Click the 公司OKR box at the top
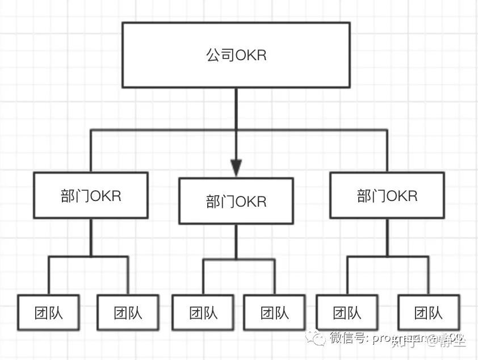[236, 55]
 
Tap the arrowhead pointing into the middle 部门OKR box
[236, 168]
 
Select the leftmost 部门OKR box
[91, 195]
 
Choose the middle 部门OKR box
[236, 201]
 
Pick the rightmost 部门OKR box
[387, 195]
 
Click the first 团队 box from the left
[48, 312]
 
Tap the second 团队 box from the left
[128, 312]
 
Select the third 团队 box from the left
[203, 312]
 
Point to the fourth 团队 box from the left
[275, 312]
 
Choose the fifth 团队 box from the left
[347, 312]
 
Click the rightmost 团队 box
[428, 312]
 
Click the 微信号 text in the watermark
[349, 339]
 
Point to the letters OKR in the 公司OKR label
[250, 56]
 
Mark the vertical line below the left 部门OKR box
[91, 237]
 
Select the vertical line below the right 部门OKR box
[387, 237]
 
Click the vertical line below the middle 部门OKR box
[236, 241]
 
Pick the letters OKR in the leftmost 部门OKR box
[106, 196]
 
